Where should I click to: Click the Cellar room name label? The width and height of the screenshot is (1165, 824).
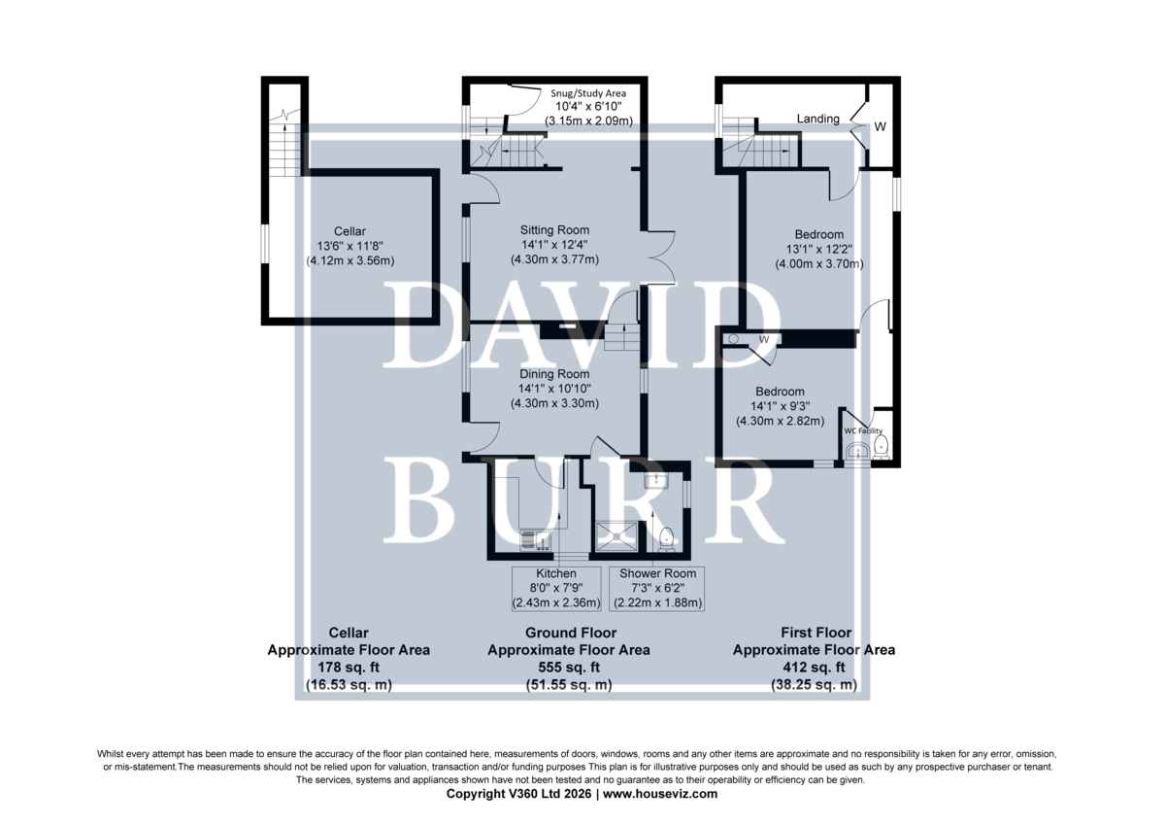(x=349, y=231)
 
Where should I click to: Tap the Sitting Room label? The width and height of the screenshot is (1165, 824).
(x=554, y=230)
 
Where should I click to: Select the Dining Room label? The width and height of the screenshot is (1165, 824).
(x=554, y=374)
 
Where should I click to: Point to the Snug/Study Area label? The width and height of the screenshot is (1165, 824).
(x=588, y=93)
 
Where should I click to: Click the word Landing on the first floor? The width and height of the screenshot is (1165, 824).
(x=818, y=120)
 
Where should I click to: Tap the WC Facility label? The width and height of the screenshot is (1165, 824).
(x=863, y=431)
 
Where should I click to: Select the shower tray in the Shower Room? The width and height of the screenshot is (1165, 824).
(x=616, y=536)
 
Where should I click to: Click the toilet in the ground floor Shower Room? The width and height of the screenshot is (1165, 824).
(x=666, y=539)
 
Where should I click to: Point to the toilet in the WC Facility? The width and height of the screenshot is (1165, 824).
(x=881, y=447)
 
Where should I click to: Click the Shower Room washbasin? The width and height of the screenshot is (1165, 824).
(x=657, y=480)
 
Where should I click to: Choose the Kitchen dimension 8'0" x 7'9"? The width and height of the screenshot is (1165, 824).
(x=556, y=588)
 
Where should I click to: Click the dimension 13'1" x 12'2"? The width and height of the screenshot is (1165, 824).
(x=819, y=250)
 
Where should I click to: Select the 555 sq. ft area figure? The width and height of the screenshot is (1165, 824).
(x=569, y=668)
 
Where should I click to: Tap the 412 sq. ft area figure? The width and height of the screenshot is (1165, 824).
(x=814, y=668)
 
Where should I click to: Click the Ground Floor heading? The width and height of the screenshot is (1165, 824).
(x=571, y=633)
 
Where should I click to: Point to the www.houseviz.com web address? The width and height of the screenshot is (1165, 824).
(x=660, y=794)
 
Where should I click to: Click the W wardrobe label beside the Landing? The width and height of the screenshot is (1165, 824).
(x=880, y=126)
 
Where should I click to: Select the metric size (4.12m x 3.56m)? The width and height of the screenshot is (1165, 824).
(x=350, y=260)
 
